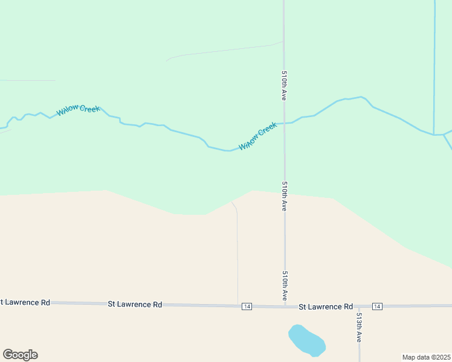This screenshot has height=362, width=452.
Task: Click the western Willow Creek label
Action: [78, 110]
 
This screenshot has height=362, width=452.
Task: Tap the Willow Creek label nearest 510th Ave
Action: [258, 136]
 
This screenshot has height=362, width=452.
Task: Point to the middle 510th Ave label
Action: [284, 195]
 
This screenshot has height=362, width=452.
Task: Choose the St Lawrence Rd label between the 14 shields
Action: [326, 306]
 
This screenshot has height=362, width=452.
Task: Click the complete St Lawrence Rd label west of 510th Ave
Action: [135, 304]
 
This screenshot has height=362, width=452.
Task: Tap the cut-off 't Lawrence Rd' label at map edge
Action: [25, 302]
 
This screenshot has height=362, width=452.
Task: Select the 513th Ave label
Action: [358, 327]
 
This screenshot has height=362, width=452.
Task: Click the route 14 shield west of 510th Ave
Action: [247, 306]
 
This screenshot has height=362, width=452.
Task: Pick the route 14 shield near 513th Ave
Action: [377, 306]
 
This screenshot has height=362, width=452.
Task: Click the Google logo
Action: [20, 355]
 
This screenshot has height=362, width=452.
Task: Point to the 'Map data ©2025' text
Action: [426, 357]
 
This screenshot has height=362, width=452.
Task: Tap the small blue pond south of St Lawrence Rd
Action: [307, 340]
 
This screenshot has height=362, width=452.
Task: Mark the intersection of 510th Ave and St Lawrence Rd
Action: [285, 306]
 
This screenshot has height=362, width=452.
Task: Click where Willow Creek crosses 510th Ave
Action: [284, 123]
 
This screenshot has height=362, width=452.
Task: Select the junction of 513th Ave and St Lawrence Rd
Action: [359, 306]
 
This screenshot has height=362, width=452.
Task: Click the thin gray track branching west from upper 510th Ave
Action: [224, 51]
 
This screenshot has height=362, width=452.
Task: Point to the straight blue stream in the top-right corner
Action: [434, 60]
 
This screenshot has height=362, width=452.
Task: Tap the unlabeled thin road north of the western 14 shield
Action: [237, 253]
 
